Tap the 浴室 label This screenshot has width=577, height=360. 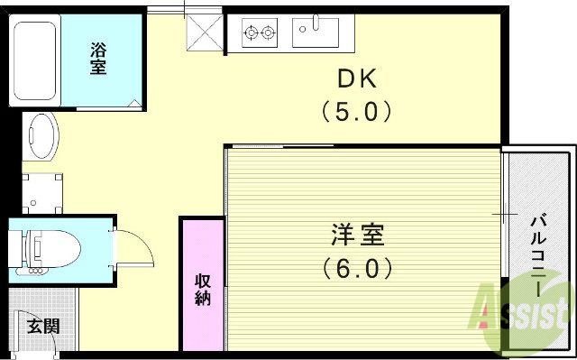[x=98, y=59]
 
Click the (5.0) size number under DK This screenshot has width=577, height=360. [x=355, y=112]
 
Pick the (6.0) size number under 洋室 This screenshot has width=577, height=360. [x=355, y=268]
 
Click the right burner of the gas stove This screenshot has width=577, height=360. [x=269, y=34]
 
